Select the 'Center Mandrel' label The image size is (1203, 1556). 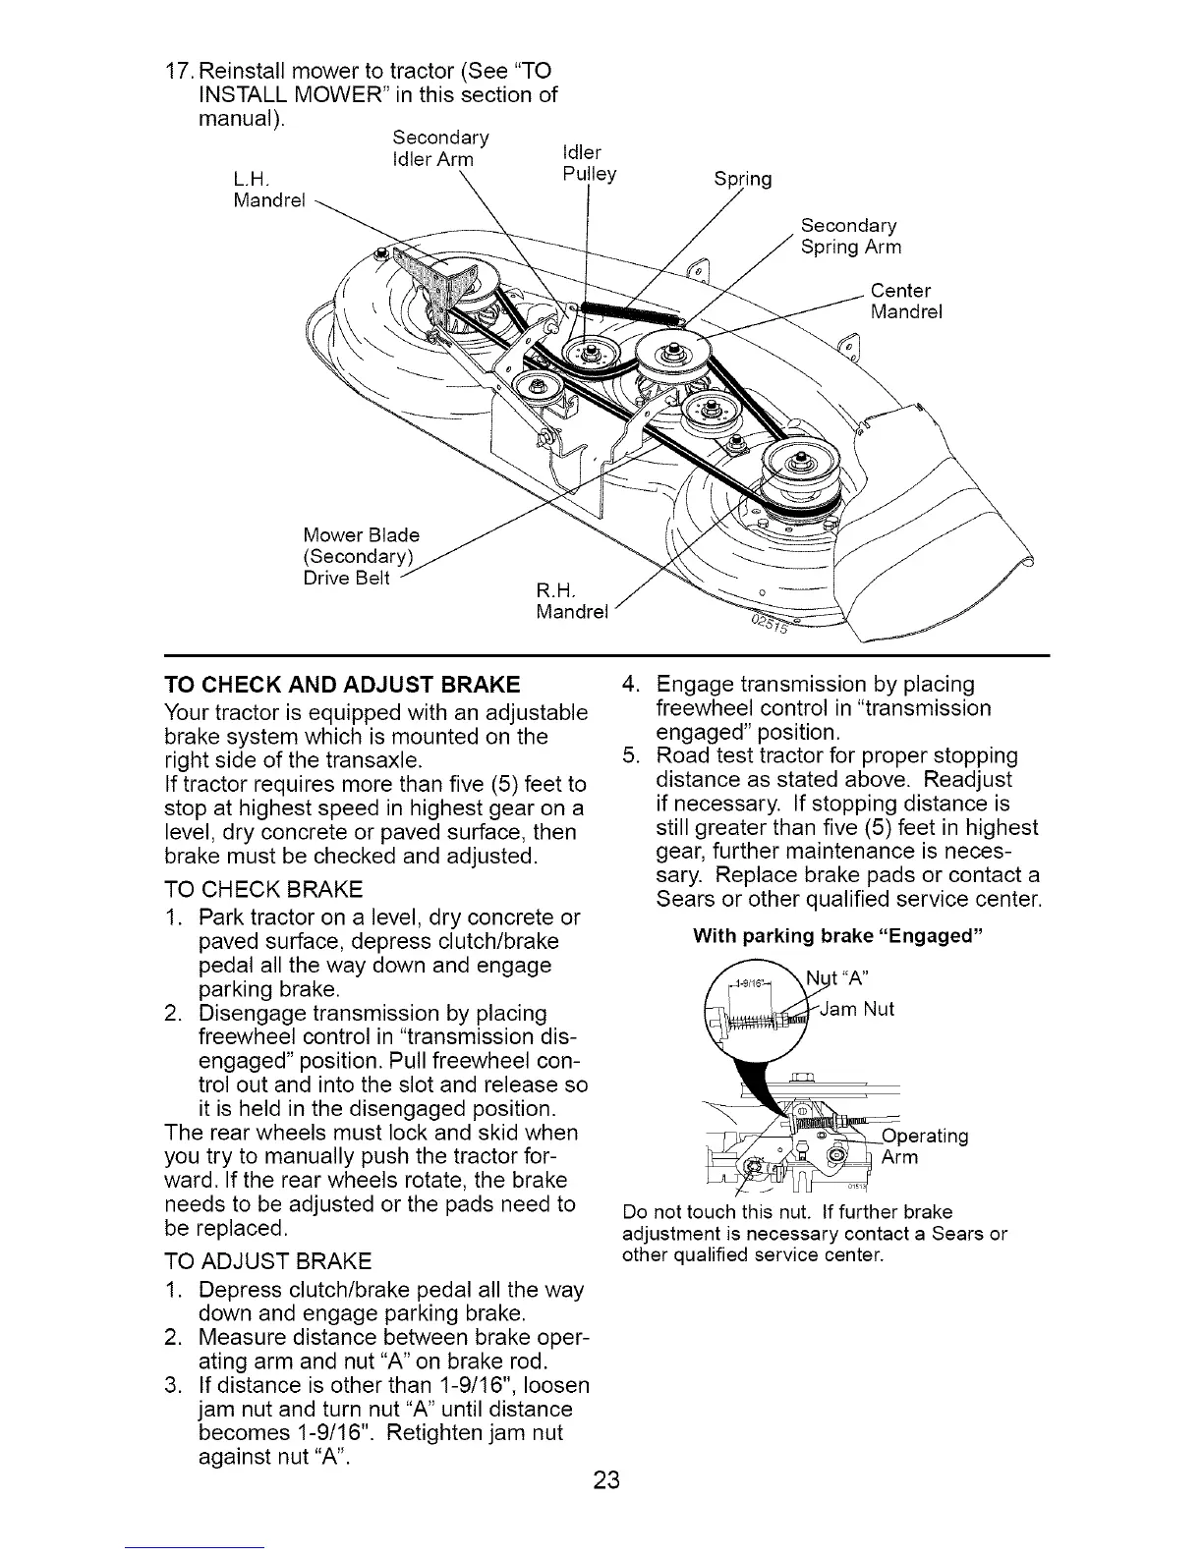pos(906,302)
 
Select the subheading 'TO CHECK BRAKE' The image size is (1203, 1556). pos(263,890)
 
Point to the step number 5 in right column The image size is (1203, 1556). pos(633,756)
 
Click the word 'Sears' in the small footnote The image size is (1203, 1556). pos(968,1234)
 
